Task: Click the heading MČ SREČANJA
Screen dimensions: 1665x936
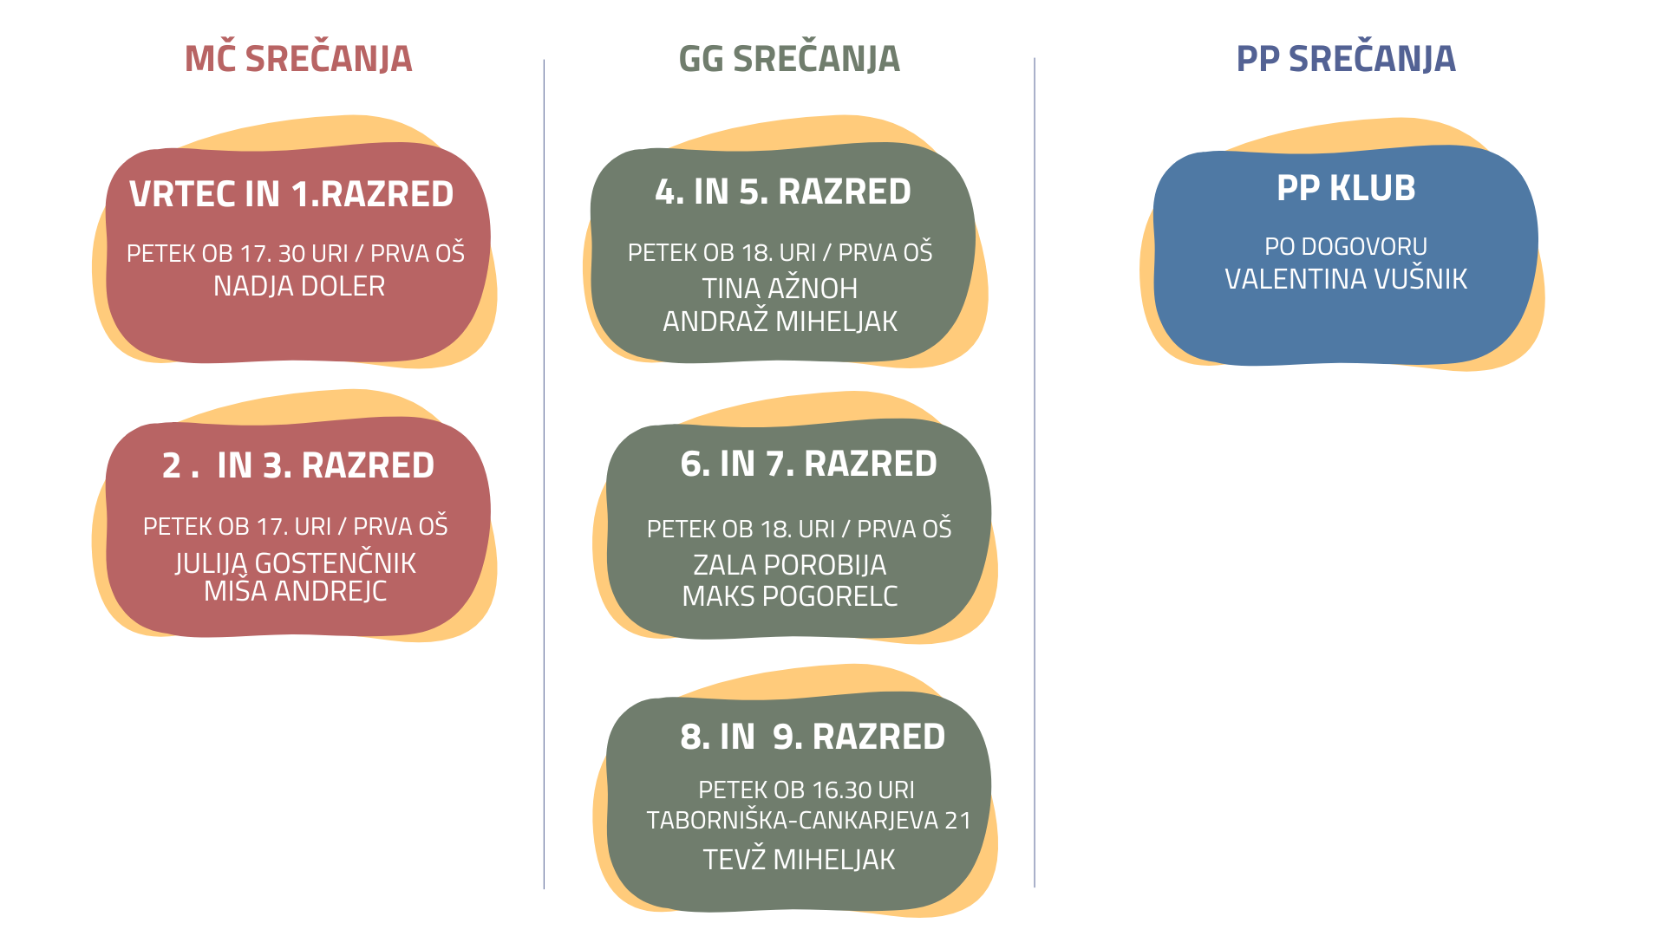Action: click(x=298, y=57)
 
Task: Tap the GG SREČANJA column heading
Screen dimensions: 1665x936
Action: click(x=789, y=58)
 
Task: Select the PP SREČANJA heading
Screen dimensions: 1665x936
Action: click(x=1346, y=58)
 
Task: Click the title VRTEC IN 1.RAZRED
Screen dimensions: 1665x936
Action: click(x=291, y=194)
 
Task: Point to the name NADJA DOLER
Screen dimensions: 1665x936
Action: click(x=299, y=286)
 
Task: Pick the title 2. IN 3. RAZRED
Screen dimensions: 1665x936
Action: click(x=298, y=465)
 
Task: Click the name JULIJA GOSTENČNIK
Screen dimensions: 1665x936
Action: click(x=296, y=563)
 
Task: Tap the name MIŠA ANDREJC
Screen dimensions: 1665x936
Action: click(x=296, y=591)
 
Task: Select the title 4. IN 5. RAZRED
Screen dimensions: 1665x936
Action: click(x=783, y=192)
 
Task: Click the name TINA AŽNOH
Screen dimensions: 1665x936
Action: click(x=780, y=288)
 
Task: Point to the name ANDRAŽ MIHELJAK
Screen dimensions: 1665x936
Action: click(x=780, y=322)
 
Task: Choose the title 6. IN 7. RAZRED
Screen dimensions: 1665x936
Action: click(x=809, y=464)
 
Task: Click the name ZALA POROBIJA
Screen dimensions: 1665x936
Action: click(x=790, y=565)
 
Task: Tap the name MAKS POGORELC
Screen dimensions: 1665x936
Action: click(x=790, y=596)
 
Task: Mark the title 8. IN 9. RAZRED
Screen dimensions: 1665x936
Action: click(x=813, y=737)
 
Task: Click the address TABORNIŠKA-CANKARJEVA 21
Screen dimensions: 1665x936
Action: click(x=809, y=820)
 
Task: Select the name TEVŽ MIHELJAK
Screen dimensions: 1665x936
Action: click(x=799, y=859)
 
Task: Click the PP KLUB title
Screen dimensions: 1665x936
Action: click(x=1346, y=188)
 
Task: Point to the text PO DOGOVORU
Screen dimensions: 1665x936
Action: click(x=1346, y=246)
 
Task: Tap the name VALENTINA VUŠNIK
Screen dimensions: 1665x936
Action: click(x=1346, y=279)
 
